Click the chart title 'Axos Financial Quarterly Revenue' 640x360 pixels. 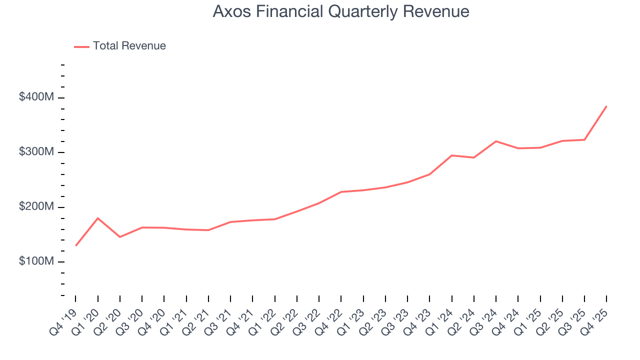coord(340,11)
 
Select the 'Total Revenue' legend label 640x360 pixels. coord(129,46)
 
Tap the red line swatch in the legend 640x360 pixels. coord(81,46)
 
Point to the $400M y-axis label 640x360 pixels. coord(36,97)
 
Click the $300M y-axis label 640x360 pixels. coord(36,152)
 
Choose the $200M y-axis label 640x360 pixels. coord(36,207)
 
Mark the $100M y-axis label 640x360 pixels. coord(36,262)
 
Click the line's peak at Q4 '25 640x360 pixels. coord(606,106)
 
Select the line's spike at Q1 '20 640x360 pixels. coord(97,218)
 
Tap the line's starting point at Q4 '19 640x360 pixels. coord(75,245)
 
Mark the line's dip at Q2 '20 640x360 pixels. coord(120,236)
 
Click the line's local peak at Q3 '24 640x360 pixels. coord(496,141)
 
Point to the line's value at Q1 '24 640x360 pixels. coord(451,155)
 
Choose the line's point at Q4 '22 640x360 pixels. coord(341,192)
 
